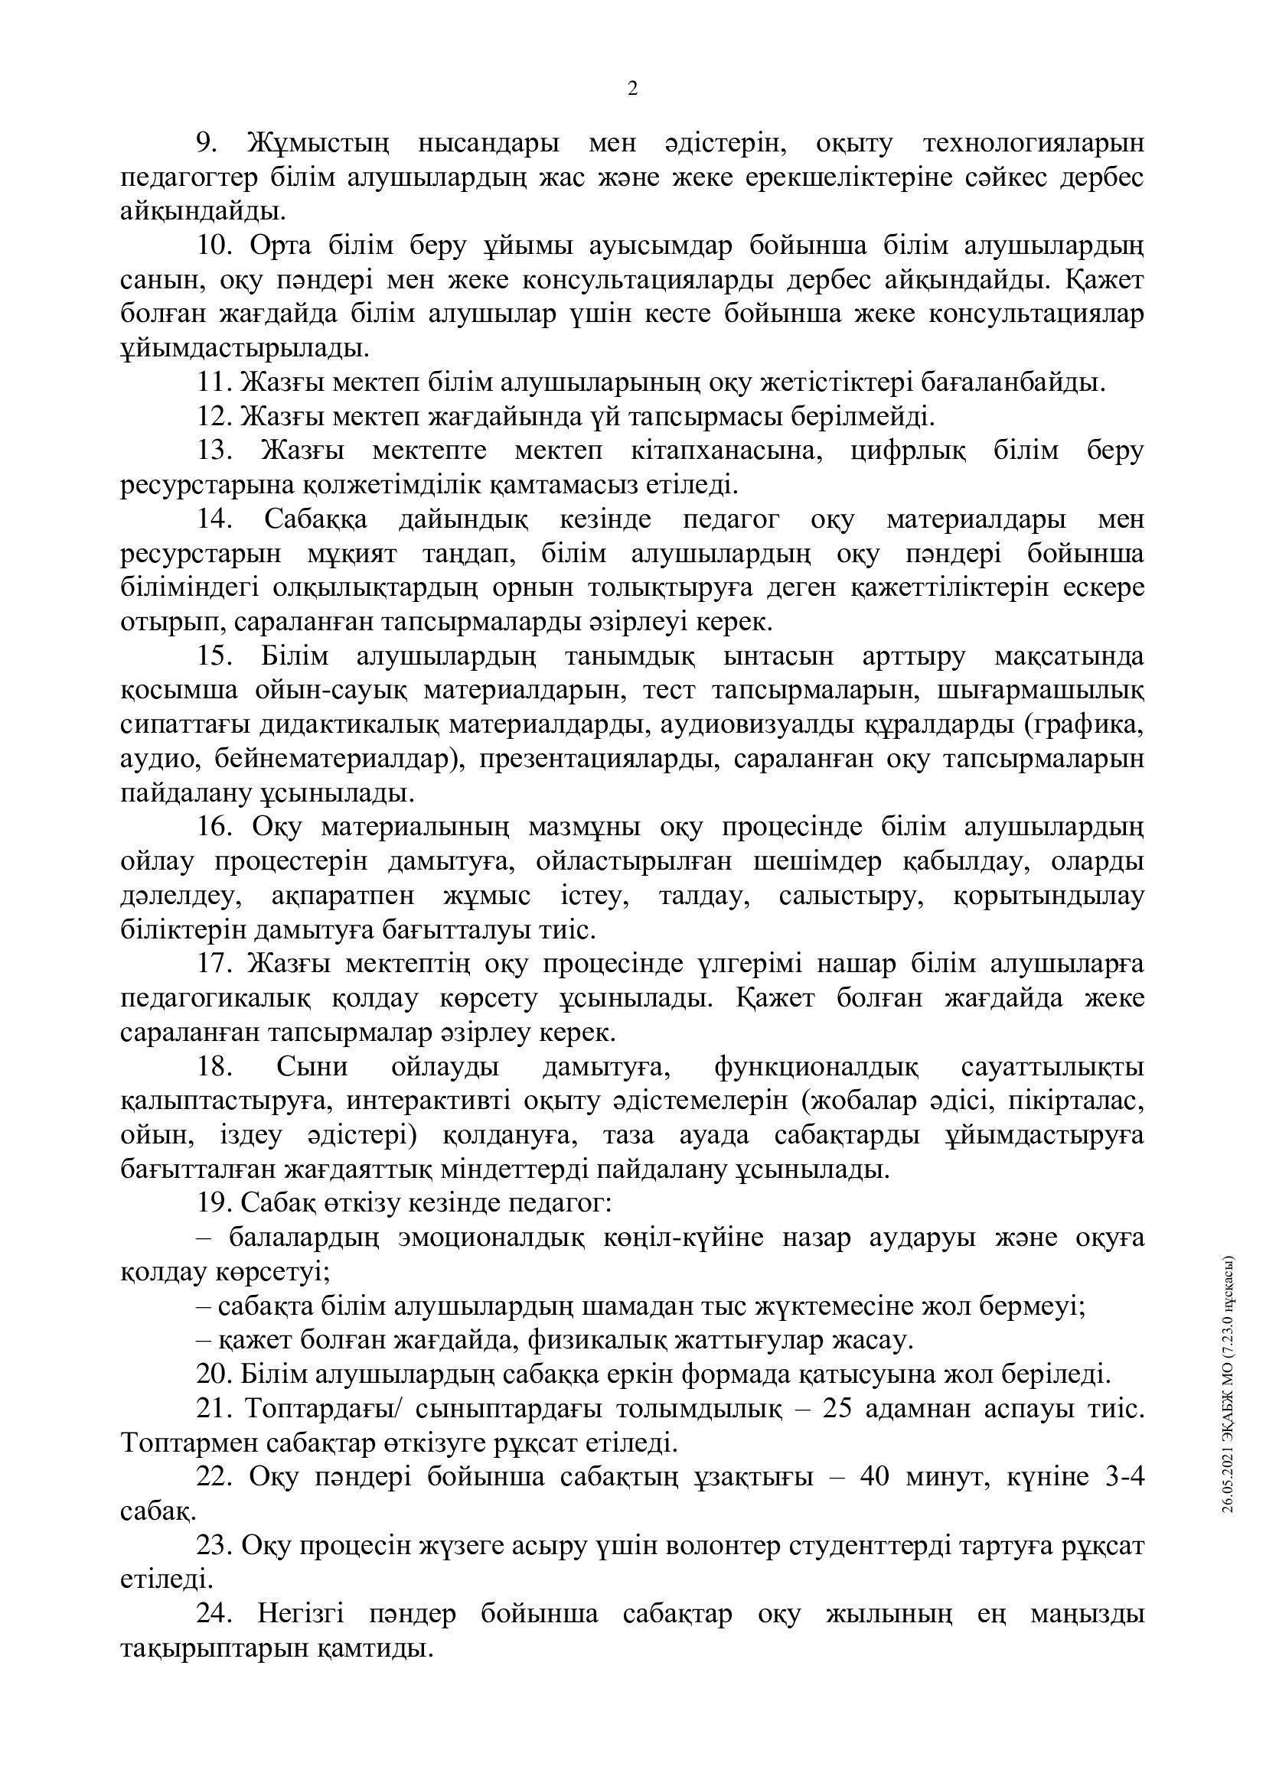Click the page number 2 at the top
tap(632, 89)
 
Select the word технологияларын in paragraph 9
tap(1033, 143)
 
